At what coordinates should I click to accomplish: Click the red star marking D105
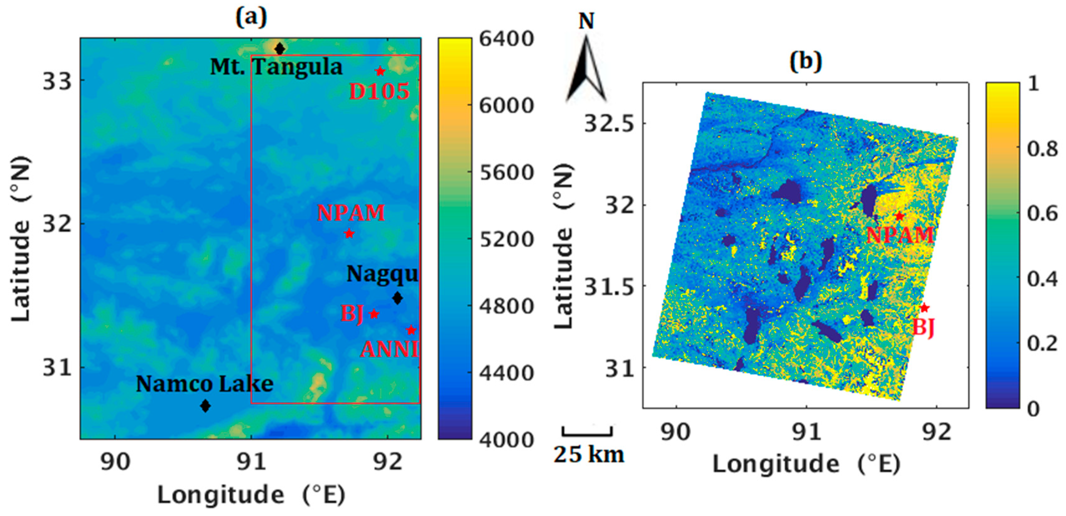pyautogui.click(x=380, y=71)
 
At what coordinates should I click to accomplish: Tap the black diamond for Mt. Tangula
pyautogui.click(x=280, y=49)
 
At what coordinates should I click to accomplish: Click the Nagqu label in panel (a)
pyautogui.click(x=382, y=274)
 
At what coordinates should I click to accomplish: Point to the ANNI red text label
pyautogui.click(x=389, y=350)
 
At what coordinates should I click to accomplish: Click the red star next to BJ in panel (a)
pyautogui.click(x=374, y=314)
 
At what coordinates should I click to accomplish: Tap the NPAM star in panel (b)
pyautogui.click(x=899, y=216)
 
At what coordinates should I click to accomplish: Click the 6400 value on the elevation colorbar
pyautogui.click(x=506, y=39)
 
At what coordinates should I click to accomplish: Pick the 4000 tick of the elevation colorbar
pyautogui.click(x=506, y=440)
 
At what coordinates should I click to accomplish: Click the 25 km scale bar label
pyautogui.click(x=589, y=455)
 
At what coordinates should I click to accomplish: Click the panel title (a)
pyautogui.click(x=251, y=17)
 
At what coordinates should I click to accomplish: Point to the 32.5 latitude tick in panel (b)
pyautogui.click(x=609, y=123)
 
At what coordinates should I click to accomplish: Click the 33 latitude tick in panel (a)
pyautogui.click(x=57, y=81)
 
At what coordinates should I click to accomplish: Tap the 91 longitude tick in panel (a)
pyautogui.click(x=251, y=462)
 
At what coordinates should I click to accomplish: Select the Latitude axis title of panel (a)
pyautogui.click(x=21, y=238)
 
